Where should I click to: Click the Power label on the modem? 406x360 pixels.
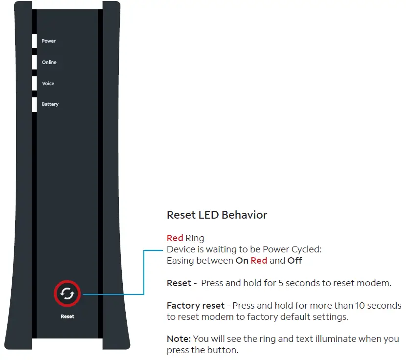[x=48, y=41]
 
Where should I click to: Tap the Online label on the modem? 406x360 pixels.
[x=49, y=63]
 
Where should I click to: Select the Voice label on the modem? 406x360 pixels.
[x=48, y=84]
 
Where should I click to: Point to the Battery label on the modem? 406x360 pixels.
[x=50, y=105]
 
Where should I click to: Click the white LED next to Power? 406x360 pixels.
[x=34, y=41]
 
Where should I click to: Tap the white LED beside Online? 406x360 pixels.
[x=34, y=63]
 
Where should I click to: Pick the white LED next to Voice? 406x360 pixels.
[x=34, y=84]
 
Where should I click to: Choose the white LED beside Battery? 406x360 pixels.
[x=34, y=105]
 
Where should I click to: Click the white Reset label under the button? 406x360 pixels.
[x=68, y=316]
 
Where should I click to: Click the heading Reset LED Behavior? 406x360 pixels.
[x=217, y=215]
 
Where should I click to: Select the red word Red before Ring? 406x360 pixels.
[x=175, y=238]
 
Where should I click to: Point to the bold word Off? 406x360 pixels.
[x=294, y=261]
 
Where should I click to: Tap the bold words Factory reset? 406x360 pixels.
[x=196, y=306]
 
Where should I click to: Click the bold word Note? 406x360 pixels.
[x=179, y=339]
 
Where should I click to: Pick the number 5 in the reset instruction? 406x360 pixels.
[x=282, y=283]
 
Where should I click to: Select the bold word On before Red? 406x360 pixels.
[x=242, y=261]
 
